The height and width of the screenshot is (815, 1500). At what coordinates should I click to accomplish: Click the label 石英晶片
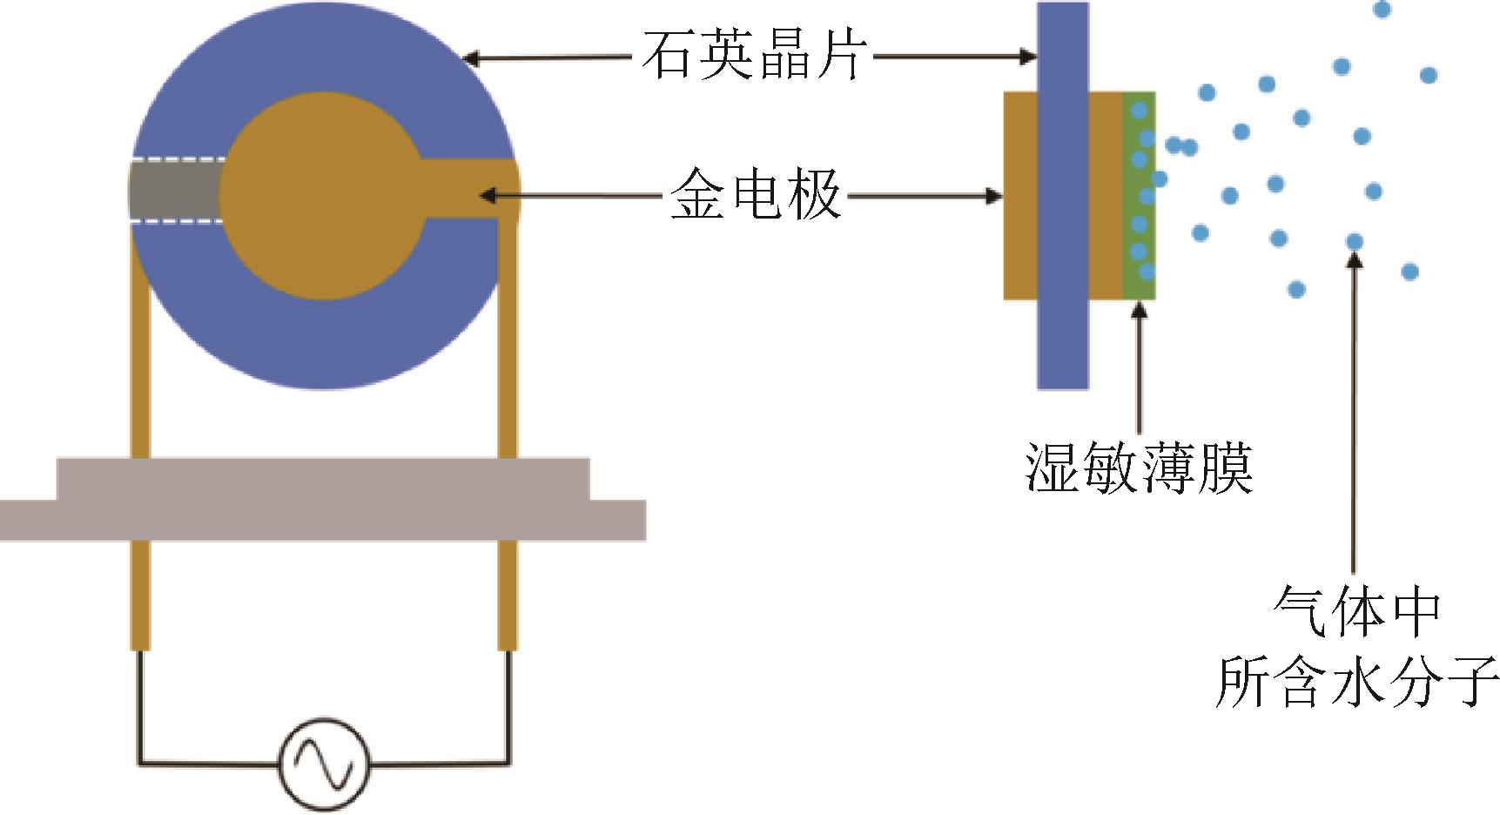pyautogui.click(x=754, y=56)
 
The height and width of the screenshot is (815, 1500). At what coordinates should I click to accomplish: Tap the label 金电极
pyautogui.click(x=756, y=195)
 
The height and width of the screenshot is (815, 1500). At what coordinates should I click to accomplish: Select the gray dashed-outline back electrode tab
pyautogui.click(x=177, y=191)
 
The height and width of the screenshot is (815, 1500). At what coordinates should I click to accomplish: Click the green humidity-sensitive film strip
pyautogui.click(x=1140, y=195)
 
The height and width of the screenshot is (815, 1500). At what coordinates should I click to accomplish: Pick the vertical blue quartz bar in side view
pyautogui.click(x=1062, y=195)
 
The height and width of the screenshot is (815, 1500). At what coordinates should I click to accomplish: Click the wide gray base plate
pyautogui.click(x=322, y=499)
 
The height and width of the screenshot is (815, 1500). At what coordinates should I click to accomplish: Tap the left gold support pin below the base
pyautogui.click(x=140, y=596)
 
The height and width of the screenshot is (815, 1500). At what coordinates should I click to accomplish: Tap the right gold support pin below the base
pyautogui.click(x=508, y=596)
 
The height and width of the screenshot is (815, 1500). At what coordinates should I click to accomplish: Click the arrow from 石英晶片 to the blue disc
pyautogui.click(x=548, y=58)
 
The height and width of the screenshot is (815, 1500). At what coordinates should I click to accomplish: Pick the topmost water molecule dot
pyautogui.click(x=1382, y=10)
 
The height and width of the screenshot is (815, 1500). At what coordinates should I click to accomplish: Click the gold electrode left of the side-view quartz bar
pyautogui.click(x=1020, y=195)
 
